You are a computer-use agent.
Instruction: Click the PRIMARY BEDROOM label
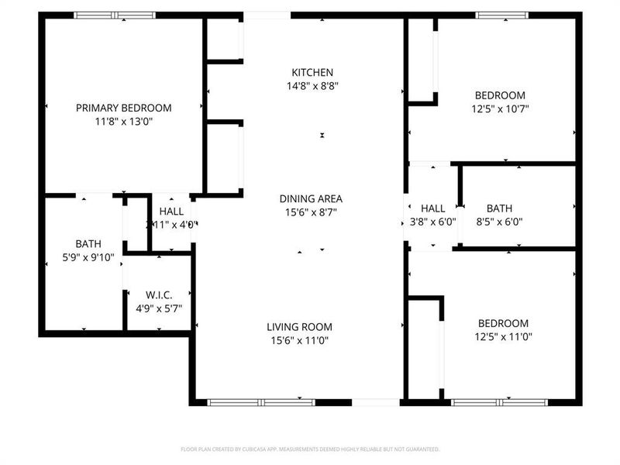click(x=123, y=108)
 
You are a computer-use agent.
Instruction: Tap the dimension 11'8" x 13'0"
click(x=123, y=121)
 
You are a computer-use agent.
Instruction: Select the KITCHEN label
click(x=312, y=72)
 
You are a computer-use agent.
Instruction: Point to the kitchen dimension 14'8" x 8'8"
click(x=312, y=86)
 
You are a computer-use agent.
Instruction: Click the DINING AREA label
click(x=311, y=198)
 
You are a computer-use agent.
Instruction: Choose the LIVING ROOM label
click(x=300, y=326)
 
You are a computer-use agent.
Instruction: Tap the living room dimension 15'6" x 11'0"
click(x=300, y=339)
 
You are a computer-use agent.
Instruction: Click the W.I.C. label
click(x=158, y=294)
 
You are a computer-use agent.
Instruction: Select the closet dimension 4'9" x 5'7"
click(x=158, y=308)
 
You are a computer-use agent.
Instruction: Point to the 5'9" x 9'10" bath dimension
click(x=88, y=257)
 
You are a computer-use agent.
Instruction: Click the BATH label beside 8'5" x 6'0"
click(x=499, y=208)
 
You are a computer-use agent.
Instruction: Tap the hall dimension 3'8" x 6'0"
click(x=432, y=221)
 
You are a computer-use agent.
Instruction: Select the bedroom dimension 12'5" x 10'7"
click(x=500, y=108)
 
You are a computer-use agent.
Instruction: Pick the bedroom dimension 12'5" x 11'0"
click(x=503, y=336)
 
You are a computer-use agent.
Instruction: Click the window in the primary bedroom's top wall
click(x=114, y=15)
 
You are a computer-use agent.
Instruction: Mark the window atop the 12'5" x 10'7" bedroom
click(x=501, y=15)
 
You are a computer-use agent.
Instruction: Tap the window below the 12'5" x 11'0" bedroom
click(x=499, y=402)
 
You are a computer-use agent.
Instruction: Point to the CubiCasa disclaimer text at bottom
click(x=310, y=449)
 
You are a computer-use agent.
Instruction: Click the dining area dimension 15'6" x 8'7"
click(x=311, y=212)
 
